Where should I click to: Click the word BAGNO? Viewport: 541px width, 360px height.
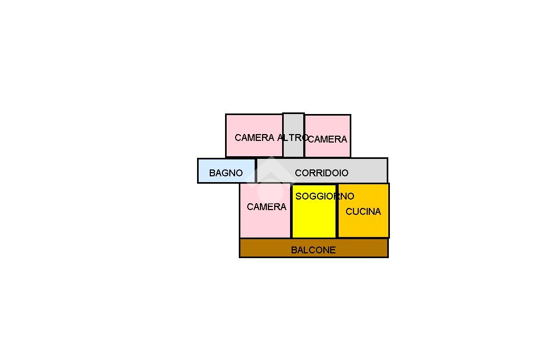pyautogui.click(x=226, y=173)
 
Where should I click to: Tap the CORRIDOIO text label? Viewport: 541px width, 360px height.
pyautogui.click(x=321, y=173)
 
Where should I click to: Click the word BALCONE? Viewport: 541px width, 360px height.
pyautogui.click(x=313, y=250)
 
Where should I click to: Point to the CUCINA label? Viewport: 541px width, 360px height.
pyautogui.click(x=363, y=212)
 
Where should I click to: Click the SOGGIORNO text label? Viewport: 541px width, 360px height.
pyautogui.click(x=324, y=196)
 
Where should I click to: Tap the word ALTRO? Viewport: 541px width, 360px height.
pyautogui.click(x=293, y=138)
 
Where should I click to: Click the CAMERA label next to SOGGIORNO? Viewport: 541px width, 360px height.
pyautogui.click(x=266, y=207)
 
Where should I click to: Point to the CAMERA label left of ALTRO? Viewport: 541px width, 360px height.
pyautogui.click(x=254, y=138)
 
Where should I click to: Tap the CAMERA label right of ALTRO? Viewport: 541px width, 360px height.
pyautogui.click(x=328, y=139)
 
